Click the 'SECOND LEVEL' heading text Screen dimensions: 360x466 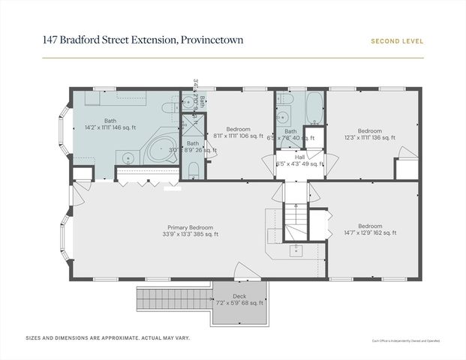click(x=397, y=42)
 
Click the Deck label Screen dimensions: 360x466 click(x=239, y=296)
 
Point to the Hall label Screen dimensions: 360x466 click(x=299, y=158)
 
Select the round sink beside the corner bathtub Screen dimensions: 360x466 click(x=129, y=157)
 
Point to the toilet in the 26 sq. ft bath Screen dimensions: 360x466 click(x=192, y=171)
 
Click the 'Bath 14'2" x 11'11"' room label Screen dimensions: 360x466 click(x=110, y=124)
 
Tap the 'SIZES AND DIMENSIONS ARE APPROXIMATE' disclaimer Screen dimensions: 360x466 click(x=108, y=338)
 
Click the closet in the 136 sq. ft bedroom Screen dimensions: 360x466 click(x=405, y=168)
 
